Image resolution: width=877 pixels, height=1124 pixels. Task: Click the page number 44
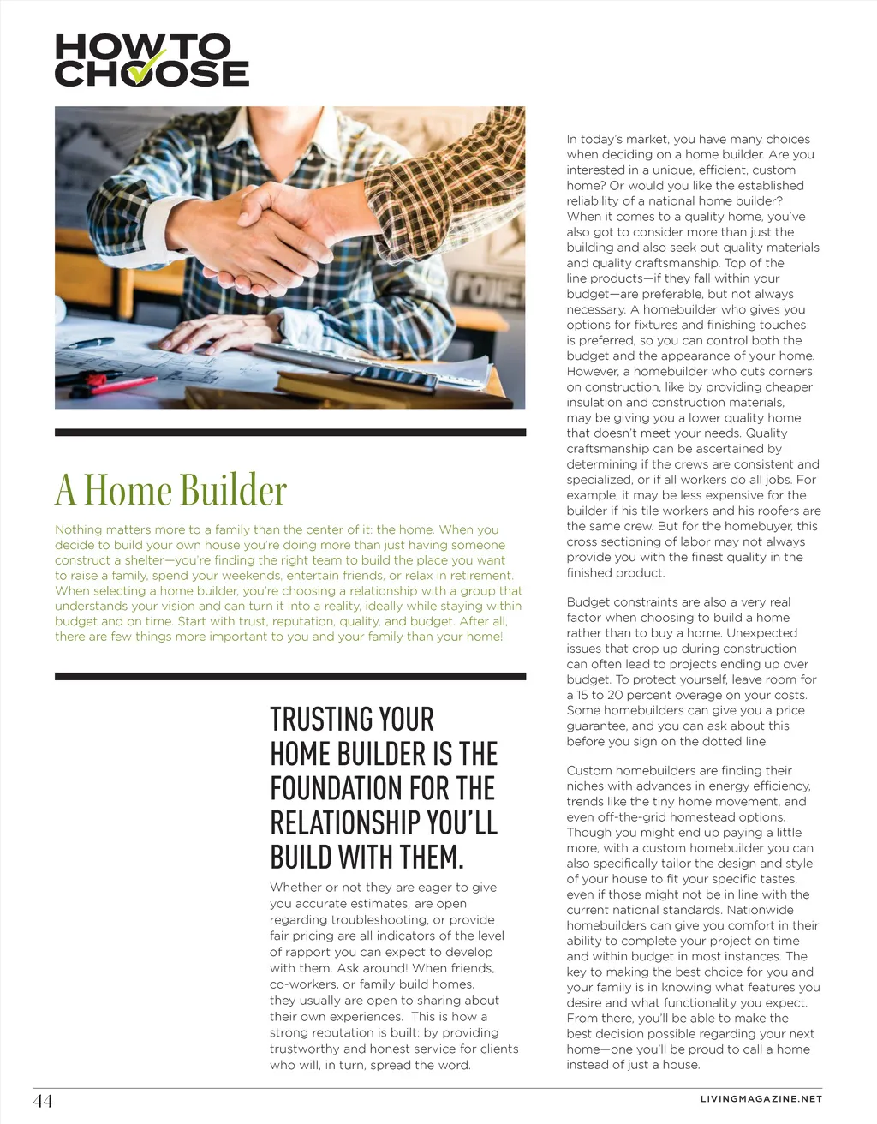[x=43, y=1101]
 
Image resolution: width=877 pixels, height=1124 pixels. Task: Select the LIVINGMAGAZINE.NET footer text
[x=761, y=1099]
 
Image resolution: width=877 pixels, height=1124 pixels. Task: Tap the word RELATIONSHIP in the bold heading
[x=345, y=822]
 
